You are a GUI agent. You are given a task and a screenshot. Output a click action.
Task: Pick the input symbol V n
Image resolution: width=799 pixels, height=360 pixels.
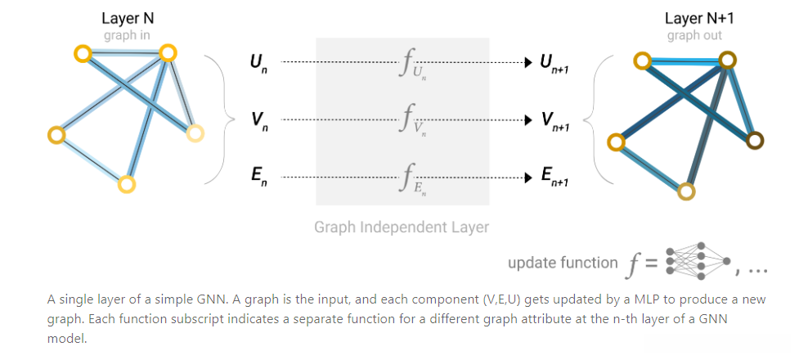[x=258, y=121]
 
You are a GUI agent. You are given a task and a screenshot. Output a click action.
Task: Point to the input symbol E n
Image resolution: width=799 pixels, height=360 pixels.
[x=258, y=176]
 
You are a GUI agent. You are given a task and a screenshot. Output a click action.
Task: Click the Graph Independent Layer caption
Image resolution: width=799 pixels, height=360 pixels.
[x=402, y=227]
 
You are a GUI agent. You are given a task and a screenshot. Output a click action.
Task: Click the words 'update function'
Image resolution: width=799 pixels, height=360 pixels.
[x=563, y=263]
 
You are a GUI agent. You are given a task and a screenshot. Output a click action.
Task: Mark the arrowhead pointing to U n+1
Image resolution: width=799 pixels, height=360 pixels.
[x=528, y=62]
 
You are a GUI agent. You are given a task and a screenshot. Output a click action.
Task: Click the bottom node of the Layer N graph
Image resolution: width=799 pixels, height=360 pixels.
[x=126, y=184]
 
